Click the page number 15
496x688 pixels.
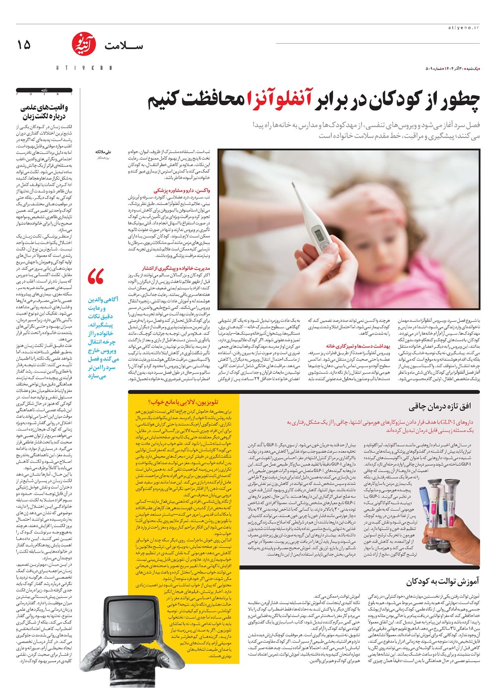click(24, 45)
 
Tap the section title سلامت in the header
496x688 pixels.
click(124, 46)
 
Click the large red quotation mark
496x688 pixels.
click(95, 277)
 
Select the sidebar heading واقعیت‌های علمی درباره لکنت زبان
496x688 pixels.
click(44, 112)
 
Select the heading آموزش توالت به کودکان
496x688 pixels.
click(442, 581)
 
